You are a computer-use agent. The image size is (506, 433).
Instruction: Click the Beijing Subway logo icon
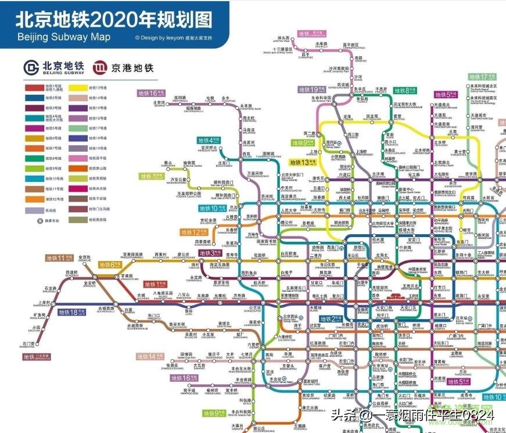[x=30, y=67]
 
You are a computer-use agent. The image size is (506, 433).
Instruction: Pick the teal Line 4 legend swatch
[x=34, y=118]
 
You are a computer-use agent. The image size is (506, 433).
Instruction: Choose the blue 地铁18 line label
[x=71, y=312]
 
